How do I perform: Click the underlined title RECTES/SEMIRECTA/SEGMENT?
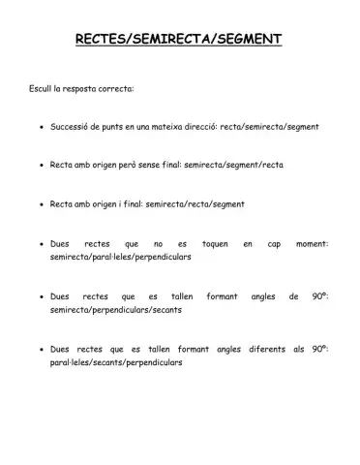tap(179, 39)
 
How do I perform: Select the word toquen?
tap(214, 244)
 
